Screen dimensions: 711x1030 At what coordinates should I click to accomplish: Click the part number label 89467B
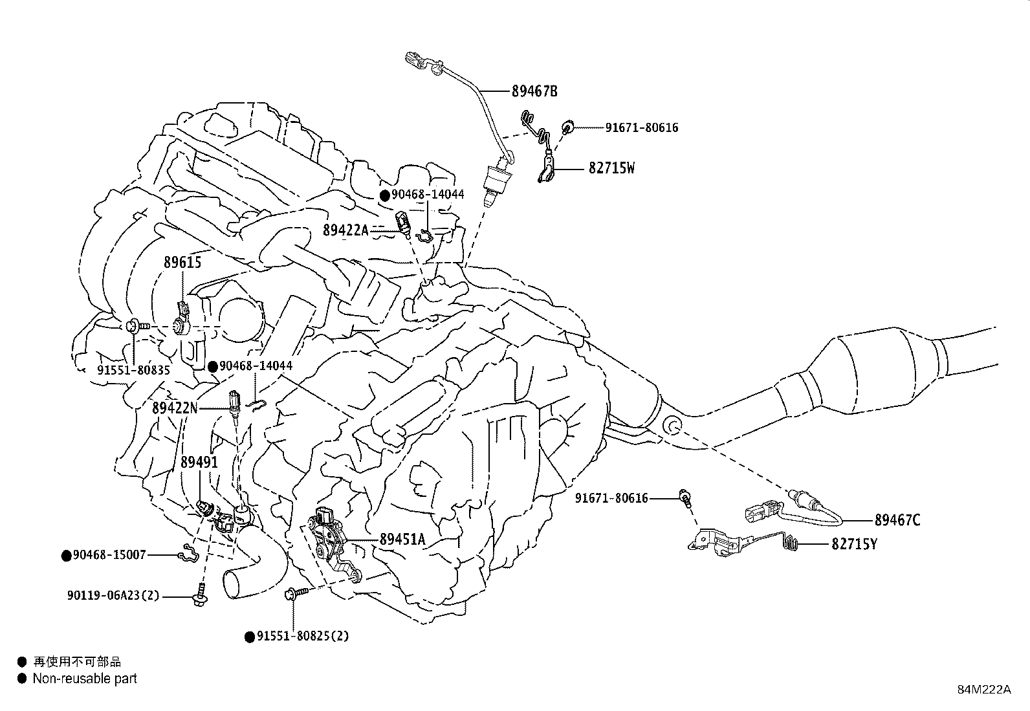[x=534, y=91]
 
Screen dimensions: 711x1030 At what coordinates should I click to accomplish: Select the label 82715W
[x=611, y=168]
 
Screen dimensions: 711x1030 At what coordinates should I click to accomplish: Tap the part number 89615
[x=182, y=263]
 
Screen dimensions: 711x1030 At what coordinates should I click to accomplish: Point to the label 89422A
[x=345, y=230]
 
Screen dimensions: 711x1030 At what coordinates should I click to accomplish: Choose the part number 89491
[x=199, y=462]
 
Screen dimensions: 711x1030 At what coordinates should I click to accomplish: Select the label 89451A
[x=402, y=539]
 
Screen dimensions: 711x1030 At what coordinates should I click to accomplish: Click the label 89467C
[x=897, y=520]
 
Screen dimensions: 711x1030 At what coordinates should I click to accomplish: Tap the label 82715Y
[x=854, y=544]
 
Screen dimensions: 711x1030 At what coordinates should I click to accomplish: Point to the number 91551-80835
[x=133, y=370]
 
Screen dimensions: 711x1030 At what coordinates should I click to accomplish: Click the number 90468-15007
[x=109, y=554]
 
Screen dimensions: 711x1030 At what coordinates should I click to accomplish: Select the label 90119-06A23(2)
[x=113, y=596]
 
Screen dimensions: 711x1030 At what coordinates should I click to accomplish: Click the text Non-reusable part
[x=85, y=679]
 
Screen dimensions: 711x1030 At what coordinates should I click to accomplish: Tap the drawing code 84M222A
[x=984, y=689]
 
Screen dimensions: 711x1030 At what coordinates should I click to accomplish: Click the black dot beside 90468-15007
[x=66, y=555]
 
